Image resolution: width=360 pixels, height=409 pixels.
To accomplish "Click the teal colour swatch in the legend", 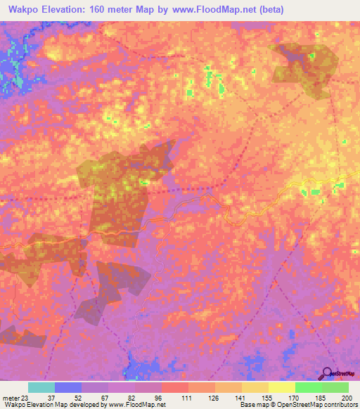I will [41, 387].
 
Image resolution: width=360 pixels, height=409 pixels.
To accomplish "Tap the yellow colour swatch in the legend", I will [281, 387].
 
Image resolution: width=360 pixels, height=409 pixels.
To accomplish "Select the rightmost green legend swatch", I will [335, 387].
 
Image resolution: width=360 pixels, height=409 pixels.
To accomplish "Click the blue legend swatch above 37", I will [67, 387].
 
